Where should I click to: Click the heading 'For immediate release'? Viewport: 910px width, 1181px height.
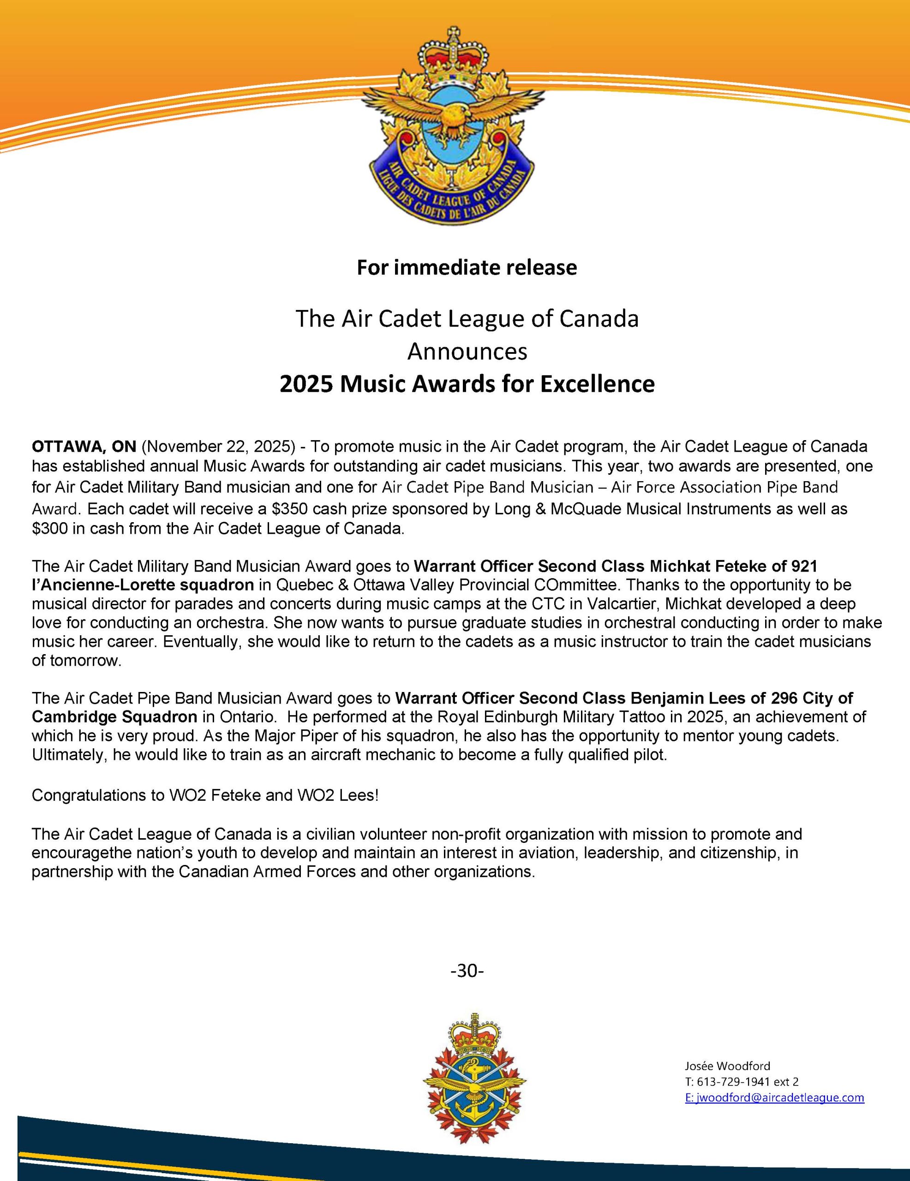tap(467, 268)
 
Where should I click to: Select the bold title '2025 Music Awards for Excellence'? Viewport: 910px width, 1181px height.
tap(467, 384)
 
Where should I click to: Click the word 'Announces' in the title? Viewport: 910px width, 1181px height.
tap(467, 352)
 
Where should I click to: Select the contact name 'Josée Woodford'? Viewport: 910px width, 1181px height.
tap(727, 1066)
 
